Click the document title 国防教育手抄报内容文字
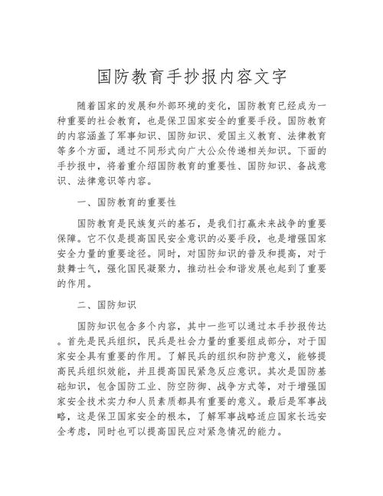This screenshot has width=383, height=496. pos(191,77)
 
